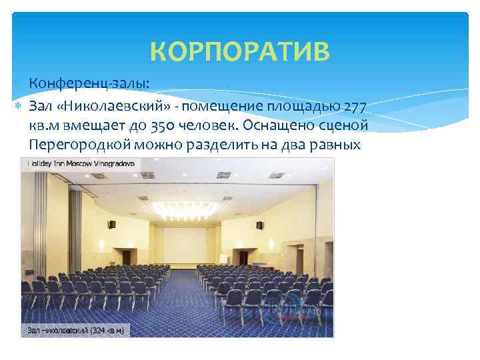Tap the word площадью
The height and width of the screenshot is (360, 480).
click(305, 107)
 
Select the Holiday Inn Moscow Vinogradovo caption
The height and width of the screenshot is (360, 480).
click(80, 162)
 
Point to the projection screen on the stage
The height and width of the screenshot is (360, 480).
click(184, 243)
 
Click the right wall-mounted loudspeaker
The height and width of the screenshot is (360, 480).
click(260, 225)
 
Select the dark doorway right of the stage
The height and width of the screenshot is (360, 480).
click(245, 257)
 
